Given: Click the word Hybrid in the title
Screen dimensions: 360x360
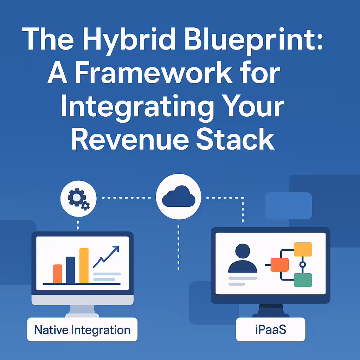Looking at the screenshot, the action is (x=129, y=41).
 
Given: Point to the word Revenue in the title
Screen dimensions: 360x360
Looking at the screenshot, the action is (x=130, y=139).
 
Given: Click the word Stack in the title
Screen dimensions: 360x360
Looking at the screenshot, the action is (x=236, y=139).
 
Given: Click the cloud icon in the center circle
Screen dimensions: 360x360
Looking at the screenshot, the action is (x=179, y=196).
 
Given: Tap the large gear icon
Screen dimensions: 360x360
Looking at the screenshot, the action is (x=77, y=197).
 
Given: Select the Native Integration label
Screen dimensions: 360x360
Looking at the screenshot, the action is (x=82, y=329).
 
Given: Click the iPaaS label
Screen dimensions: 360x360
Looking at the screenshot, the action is (x=270, y=329).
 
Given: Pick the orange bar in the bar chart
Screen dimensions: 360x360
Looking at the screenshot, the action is (x=58, y=274).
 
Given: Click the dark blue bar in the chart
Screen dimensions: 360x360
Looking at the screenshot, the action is (x=70, y=270).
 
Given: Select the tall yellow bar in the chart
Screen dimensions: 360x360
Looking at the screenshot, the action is (x=84, y=266).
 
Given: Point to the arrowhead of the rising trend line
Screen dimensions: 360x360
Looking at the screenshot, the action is (x=117, y=248).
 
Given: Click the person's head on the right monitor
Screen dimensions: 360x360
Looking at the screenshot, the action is (x=243, y=251).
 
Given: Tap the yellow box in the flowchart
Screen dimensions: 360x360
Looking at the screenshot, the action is (x=303, y=249).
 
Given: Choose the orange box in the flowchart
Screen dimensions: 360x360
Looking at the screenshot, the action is (x=279, y=265).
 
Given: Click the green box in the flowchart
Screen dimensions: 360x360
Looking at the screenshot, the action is (x=303, y=280).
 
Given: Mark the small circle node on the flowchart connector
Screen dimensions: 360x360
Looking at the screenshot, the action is (x=303, y=265).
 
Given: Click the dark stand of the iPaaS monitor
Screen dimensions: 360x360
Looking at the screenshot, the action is (x=271, y=310).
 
